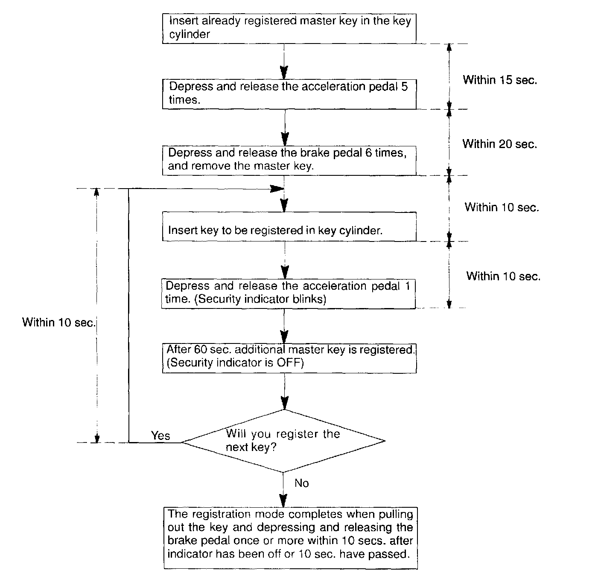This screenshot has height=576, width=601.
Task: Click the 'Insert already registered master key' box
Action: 289,28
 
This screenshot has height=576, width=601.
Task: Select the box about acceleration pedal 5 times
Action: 289,93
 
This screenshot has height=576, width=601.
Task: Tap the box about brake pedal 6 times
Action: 289,160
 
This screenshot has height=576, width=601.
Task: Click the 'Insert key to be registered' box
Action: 289,227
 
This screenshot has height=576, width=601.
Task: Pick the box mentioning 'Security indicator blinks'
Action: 288,294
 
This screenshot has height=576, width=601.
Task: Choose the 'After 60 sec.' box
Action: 289,358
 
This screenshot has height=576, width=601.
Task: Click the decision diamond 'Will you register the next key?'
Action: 283,441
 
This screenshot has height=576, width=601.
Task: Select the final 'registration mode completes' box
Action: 290,538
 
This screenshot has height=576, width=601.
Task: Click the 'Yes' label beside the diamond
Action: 160,436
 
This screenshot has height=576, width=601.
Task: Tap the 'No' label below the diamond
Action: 301,483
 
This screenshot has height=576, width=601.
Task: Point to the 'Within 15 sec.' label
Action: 500,80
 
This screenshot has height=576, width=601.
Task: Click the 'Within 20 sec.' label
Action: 500,144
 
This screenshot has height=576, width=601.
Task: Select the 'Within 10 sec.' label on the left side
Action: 59,322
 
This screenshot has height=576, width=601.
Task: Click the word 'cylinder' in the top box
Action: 190,35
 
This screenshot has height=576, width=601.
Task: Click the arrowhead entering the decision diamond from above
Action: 284,403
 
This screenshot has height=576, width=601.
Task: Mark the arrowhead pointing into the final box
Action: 283,500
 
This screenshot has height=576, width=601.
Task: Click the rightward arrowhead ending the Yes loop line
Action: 278,189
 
